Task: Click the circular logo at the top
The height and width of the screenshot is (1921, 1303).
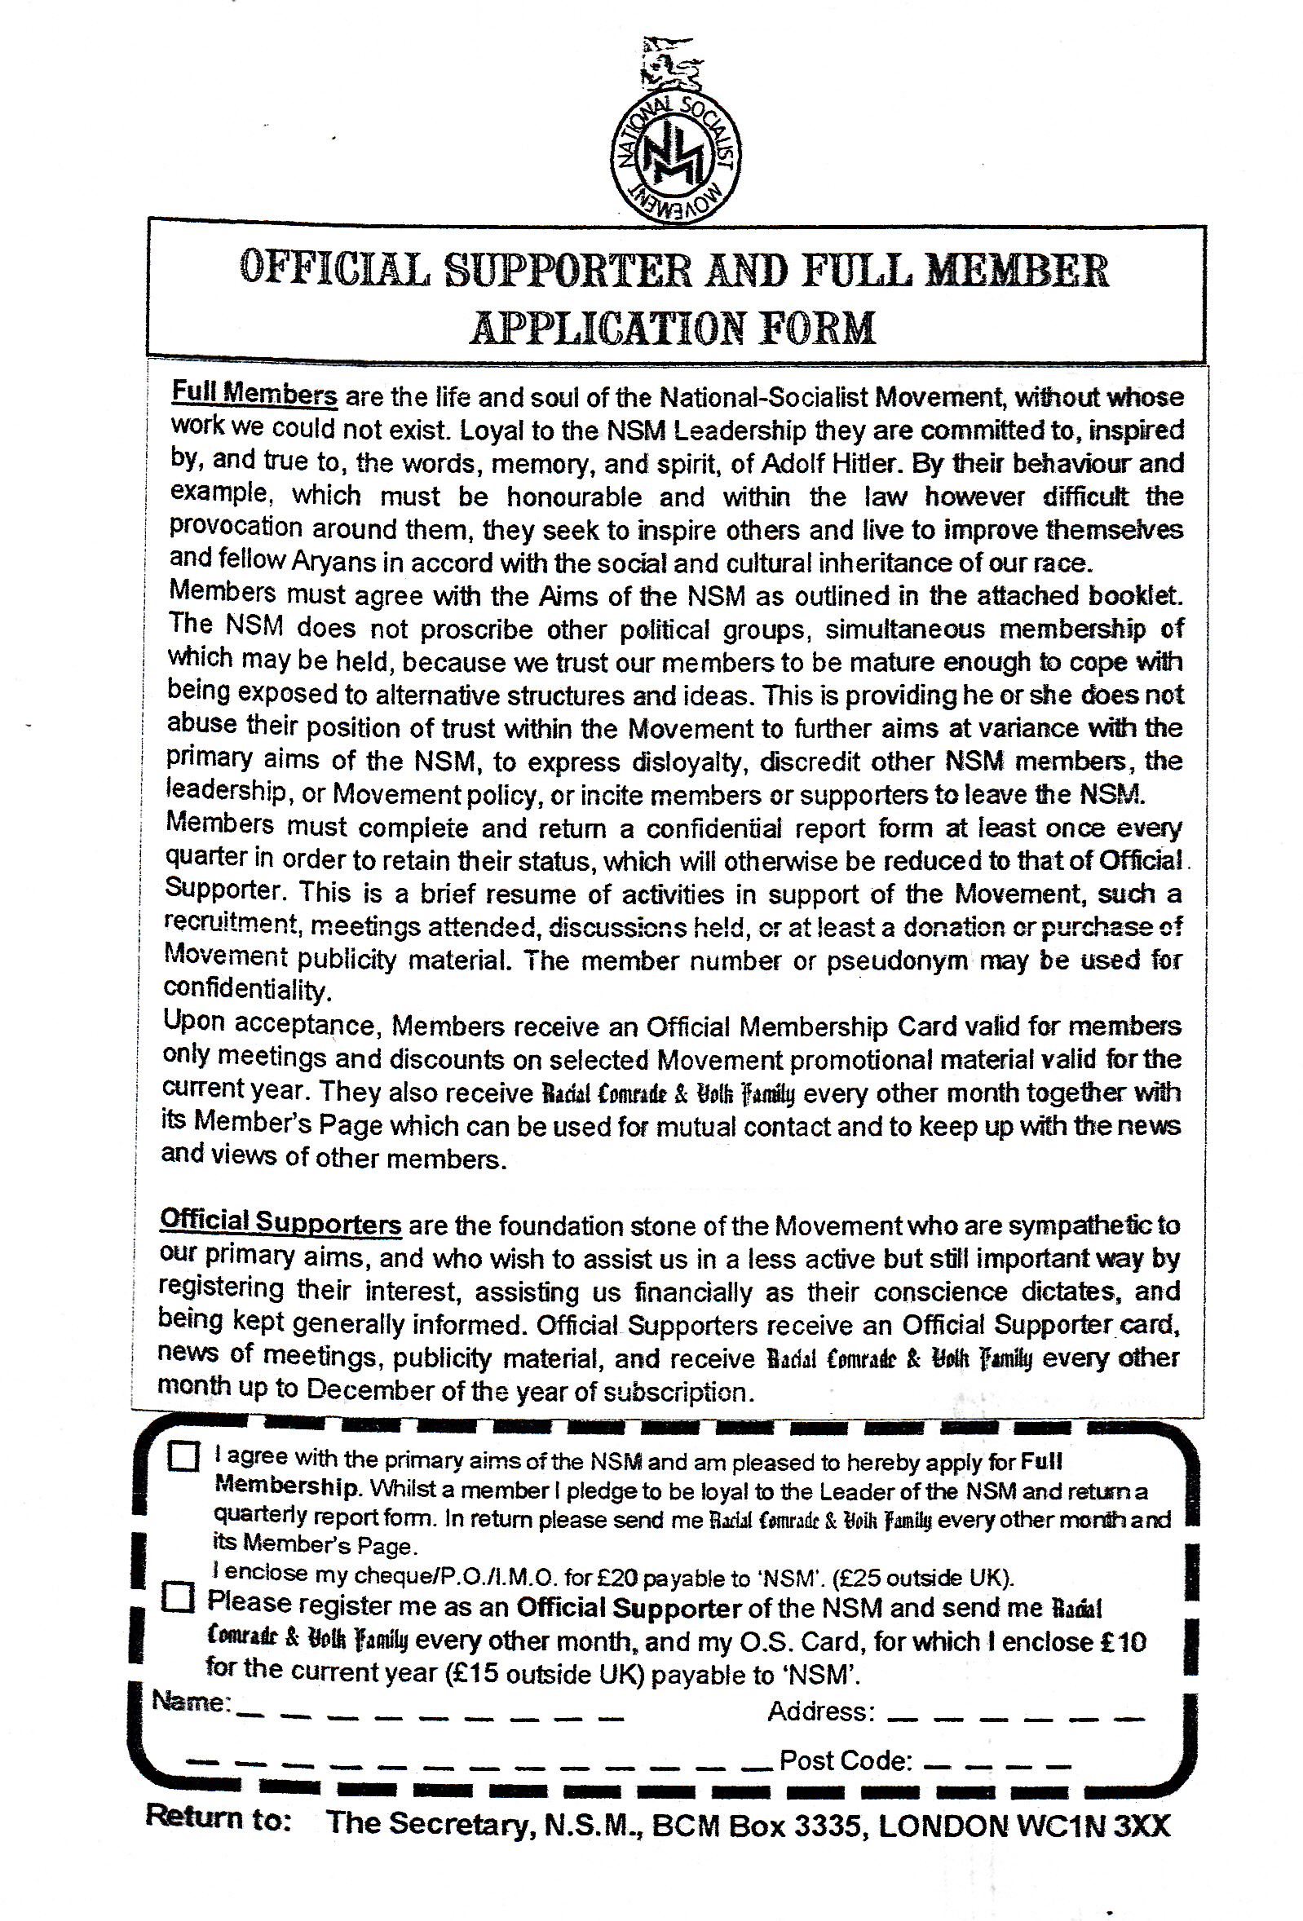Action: (675, 157)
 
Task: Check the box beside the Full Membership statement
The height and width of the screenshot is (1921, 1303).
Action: (183, 1456)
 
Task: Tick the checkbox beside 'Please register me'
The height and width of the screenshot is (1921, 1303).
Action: (178, 1597)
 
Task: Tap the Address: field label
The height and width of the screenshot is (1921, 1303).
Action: (820, 1711)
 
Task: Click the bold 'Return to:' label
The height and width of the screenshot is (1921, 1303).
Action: (218, 1819)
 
